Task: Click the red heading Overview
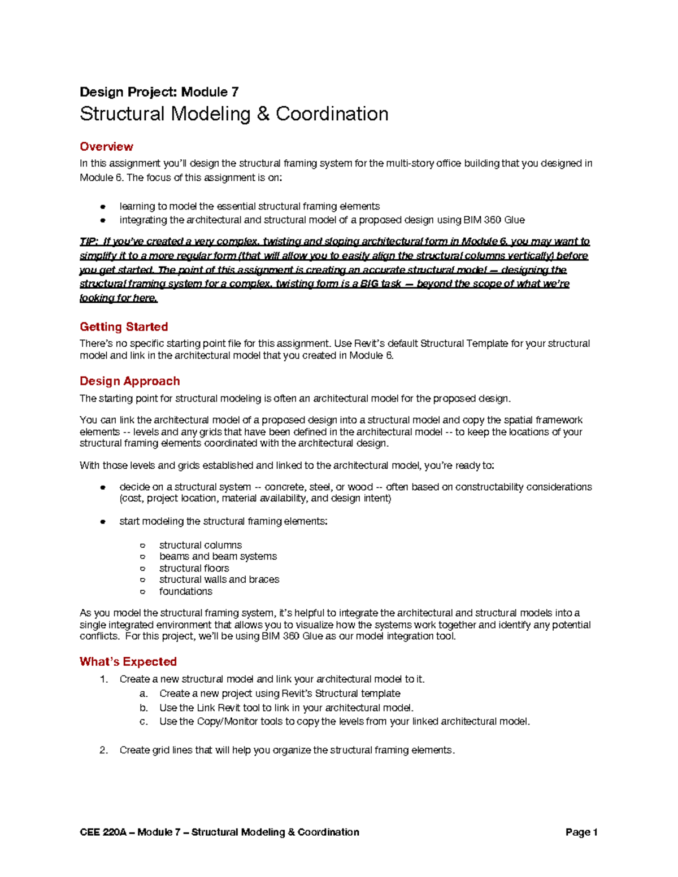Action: [106, 147]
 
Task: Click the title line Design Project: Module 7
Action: [159, 92]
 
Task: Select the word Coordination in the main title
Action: [332, 114]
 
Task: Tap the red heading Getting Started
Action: [124, 327]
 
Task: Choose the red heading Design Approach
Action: [129, 381]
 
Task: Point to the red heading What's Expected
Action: [128, 662]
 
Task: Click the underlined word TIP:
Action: [89, 242]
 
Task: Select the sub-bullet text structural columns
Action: [200, 545]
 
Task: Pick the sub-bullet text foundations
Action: [185, 591]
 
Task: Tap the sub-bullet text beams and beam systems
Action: [218, 556]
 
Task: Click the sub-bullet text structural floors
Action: [194, 568]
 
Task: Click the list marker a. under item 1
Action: [144, 693]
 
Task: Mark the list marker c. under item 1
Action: [144, 722]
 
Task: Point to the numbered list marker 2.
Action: [103, 751]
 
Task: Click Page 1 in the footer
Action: [581, 832]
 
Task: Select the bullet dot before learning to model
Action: [103, 207]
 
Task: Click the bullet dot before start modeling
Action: [103, 522]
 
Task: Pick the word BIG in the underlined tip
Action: [369, 284]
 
